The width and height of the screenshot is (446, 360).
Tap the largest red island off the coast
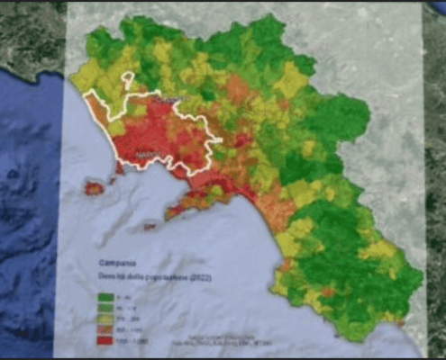point(94,188)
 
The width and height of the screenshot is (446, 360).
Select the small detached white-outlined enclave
point(130,80)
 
